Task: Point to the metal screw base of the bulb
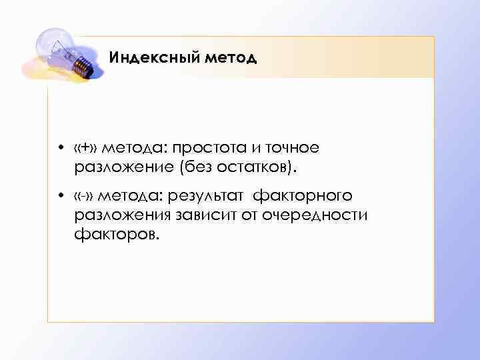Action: (81, 64)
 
